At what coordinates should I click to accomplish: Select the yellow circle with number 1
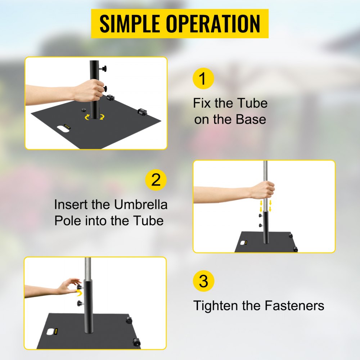pos(203,78)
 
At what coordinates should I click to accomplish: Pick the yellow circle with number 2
pos(156,180)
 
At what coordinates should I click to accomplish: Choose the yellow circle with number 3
pos(203,281)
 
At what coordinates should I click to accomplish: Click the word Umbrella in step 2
pos(141,205)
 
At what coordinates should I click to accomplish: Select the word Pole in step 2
pos(68,221)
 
